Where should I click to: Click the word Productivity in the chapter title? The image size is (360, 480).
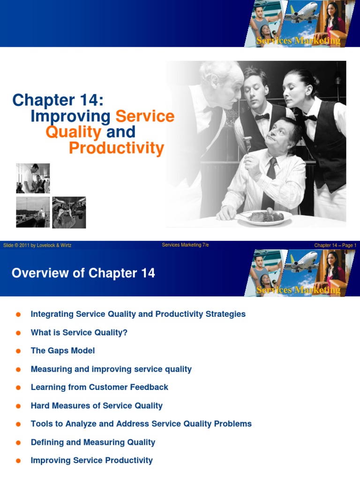[116, 148]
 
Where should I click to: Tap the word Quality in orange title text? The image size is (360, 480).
[73, 132]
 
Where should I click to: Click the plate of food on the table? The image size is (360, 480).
[264, 217]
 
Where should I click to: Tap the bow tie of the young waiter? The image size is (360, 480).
[262, 117]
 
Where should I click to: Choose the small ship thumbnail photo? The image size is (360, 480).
[33, 212]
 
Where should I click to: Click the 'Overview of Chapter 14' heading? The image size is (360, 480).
[83, 273]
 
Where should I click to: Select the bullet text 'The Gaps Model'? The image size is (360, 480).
[63, 351]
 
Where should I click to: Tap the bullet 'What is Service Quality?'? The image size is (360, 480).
[79, 332]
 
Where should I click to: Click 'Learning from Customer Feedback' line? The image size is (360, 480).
[99, 387]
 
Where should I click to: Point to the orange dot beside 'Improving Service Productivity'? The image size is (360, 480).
[19, 461]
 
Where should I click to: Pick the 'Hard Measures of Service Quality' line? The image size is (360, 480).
[97, 405]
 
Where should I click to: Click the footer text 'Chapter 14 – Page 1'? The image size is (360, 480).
[335, 245]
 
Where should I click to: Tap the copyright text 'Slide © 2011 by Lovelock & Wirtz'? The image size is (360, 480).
[37, 245]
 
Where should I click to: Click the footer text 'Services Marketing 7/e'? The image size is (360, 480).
[185, 245]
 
